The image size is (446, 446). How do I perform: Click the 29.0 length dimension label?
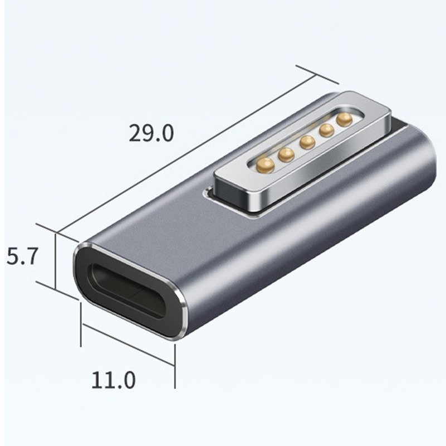click(x=151, y=133)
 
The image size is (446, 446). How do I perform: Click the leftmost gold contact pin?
click(x=266, y=164)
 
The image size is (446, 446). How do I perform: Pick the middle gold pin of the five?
click(x=307, y=142)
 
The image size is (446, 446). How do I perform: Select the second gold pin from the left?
click(x=287, y=154)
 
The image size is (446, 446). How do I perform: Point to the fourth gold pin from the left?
click(x=327, y=130)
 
